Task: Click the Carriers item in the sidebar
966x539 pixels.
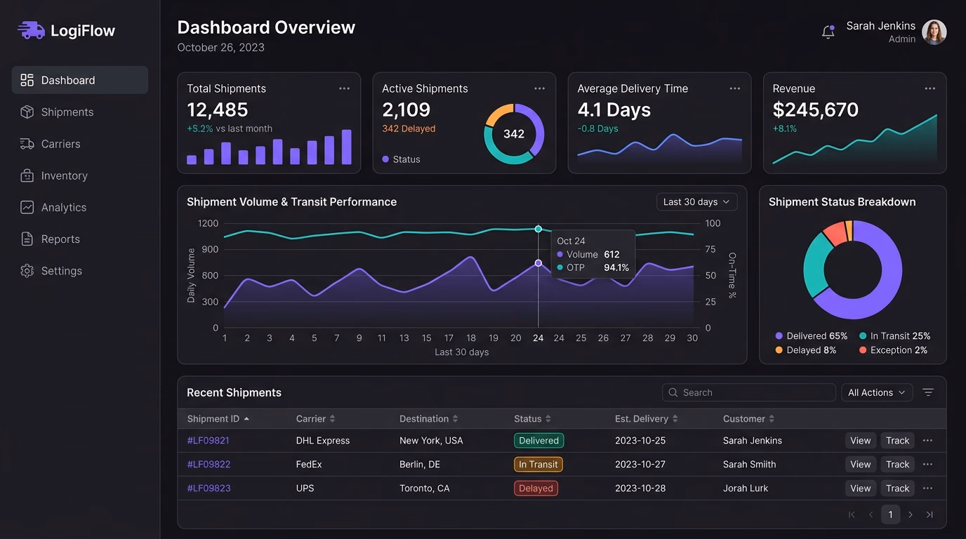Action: point(50,144)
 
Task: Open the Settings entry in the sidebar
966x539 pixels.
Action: point(51,271)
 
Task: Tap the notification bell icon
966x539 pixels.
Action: point(828,32)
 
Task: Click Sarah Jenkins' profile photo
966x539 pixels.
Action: point(934,32)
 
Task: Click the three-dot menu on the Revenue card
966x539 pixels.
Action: point(929,88)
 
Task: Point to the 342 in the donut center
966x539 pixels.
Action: point(514,134)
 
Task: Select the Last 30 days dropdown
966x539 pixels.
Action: point(697,202)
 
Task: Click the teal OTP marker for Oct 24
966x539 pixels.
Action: point(538,229)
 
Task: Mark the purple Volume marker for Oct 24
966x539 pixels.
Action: point(538,263)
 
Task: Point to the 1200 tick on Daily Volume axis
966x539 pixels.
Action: point(208,223)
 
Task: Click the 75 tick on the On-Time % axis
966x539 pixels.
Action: point(710,249)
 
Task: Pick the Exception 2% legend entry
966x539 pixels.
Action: point(893,350)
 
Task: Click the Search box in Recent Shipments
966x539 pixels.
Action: point(748,392)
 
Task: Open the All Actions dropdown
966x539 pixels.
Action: point(877,392)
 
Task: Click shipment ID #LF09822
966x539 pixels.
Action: point(209,465)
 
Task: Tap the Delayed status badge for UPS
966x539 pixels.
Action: point(536,488)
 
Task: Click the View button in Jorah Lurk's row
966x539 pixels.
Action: point(861,488)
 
